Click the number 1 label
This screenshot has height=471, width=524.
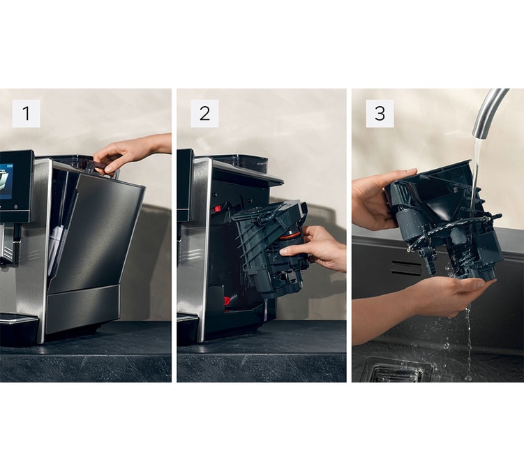pyautogui.click(x=26, y=113)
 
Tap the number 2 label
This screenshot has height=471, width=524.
pyautogui.click(x=204, y=113)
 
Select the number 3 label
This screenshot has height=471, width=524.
pyautogui.click(x=380, y=113)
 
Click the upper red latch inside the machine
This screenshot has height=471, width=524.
pyautogui.click(x=218, y=209)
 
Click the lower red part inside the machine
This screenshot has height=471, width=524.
pyautogui.click(x=229, y=301)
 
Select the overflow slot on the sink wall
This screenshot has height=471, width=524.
pyautogui.click(x=406, y=268)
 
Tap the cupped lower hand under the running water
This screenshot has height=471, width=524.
pyautogui.click(x=448, y=294)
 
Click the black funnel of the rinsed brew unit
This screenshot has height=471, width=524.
pyautogui.click(x=444, y=207)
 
